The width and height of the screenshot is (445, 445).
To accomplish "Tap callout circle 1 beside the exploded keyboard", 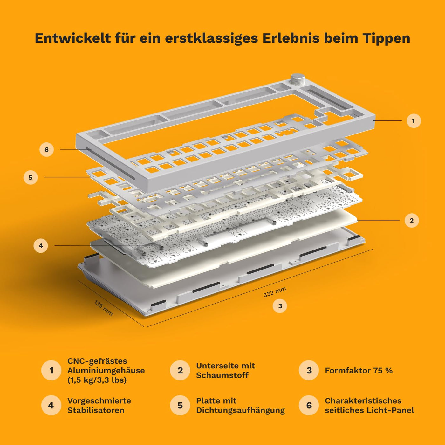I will [414, 121].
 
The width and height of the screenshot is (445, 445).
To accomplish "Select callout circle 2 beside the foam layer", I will [412, 221].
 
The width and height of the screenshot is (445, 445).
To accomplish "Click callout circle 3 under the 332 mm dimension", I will [280, 306].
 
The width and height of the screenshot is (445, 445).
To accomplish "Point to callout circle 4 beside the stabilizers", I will [41, 246].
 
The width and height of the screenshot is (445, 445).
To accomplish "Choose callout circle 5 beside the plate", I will [31, 177].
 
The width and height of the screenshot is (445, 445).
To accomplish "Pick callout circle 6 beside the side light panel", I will [46, 150].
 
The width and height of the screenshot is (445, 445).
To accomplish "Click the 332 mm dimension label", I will [275, 292].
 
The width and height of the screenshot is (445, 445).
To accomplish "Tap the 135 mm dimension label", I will [103, 308].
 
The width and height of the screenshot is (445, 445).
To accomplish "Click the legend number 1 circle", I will [51, 370].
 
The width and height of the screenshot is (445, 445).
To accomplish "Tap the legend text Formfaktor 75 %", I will [359, 371].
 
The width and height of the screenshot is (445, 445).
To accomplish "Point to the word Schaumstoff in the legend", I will [222, 375].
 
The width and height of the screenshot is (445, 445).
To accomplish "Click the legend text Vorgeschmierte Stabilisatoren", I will [99, 406].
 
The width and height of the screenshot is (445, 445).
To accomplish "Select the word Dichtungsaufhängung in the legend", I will [240, 410].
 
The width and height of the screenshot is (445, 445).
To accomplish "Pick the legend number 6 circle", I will [309, 405].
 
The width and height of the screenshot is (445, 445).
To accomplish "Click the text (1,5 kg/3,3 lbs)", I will [97, 380].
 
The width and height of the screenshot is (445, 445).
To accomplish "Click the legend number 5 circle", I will [180, 405].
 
